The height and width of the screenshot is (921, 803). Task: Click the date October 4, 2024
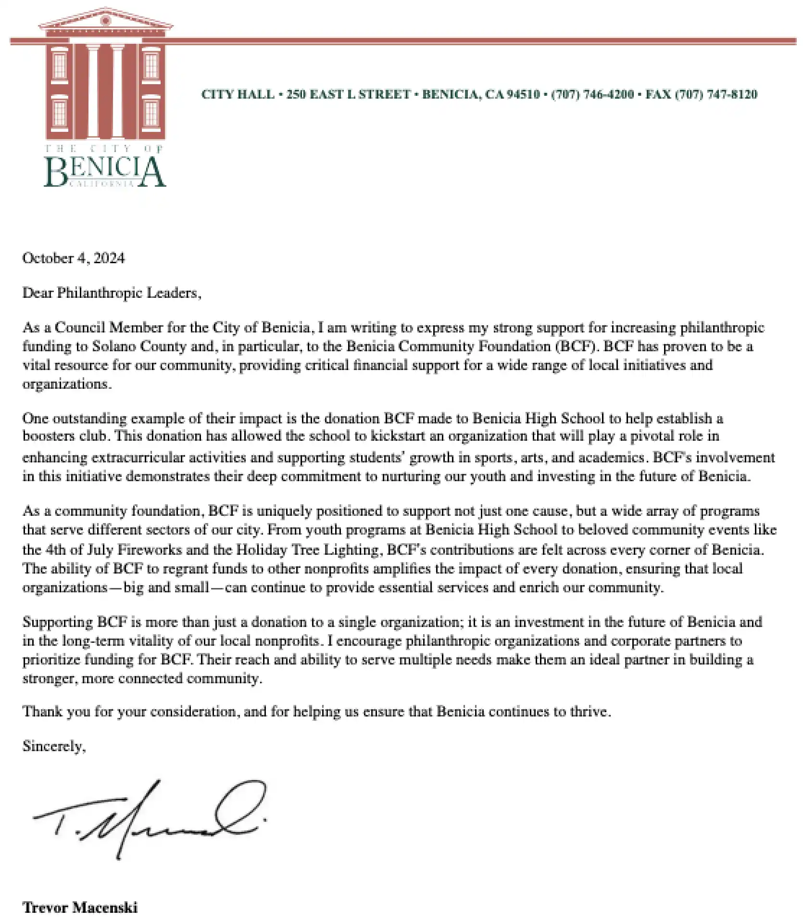coord(73,258)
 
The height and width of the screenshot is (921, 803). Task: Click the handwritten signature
coord(149,819)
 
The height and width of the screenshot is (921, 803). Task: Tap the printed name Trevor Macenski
coord(80,908)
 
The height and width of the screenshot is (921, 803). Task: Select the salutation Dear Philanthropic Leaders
coord(112,293)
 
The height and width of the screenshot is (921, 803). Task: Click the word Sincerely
coord(54,746)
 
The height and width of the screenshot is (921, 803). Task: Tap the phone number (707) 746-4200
coord(592,94)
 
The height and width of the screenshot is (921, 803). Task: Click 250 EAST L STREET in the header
coord(349,94)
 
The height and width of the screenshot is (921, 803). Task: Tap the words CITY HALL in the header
coord(238,94)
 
